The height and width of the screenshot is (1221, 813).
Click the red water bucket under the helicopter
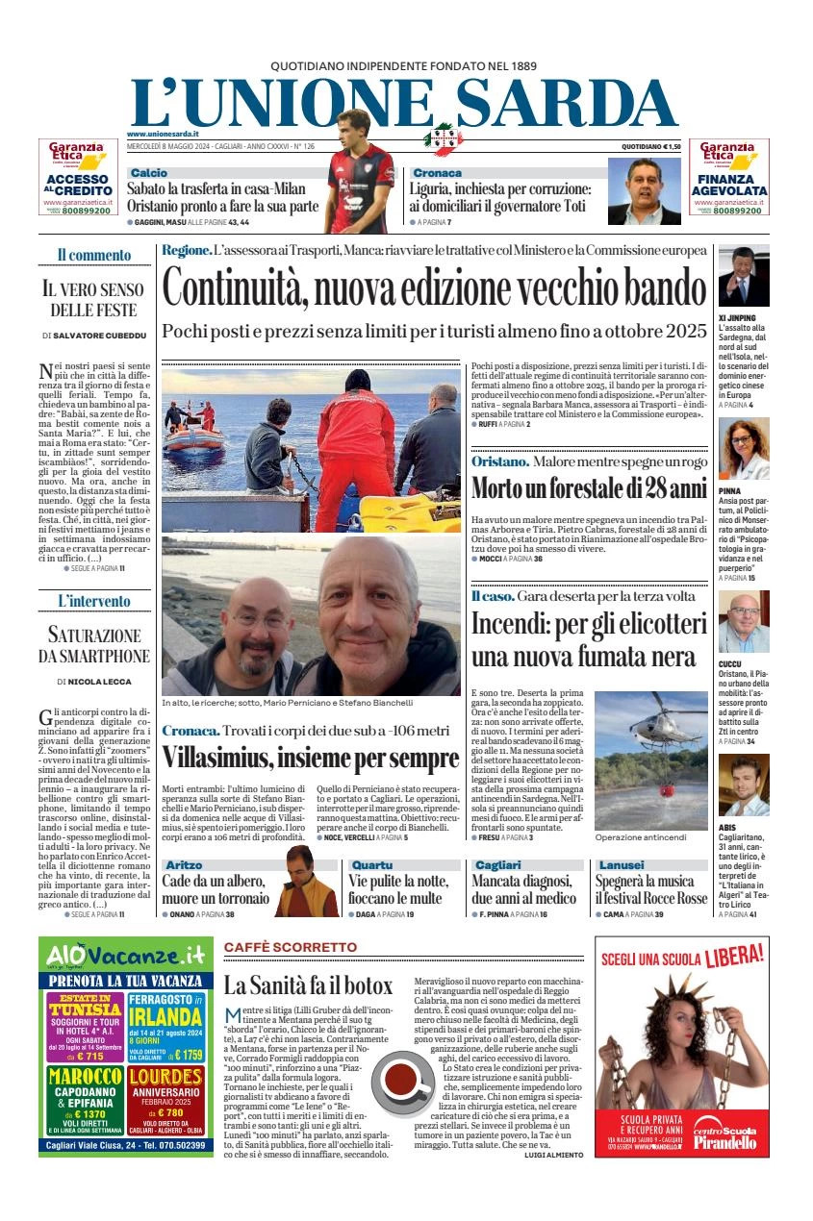(665, 790)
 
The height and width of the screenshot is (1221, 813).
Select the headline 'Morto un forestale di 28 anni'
(589, 488)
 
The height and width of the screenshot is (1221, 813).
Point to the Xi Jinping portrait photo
(743, 276)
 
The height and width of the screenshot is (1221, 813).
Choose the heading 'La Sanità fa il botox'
(308, 985)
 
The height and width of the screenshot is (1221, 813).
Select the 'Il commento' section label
(93, 255)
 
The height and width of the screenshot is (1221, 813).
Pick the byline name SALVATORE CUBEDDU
(99, 336)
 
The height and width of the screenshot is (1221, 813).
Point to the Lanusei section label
(622, 865)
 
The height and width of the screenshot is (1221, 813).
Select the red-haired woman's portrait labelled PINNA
(743, 449)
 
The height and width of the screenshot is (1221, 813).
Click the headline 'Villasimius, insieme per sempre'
(310, 759)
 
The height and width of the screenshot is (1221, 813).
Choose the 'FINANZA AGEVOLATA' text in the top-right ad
(728, 185)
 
